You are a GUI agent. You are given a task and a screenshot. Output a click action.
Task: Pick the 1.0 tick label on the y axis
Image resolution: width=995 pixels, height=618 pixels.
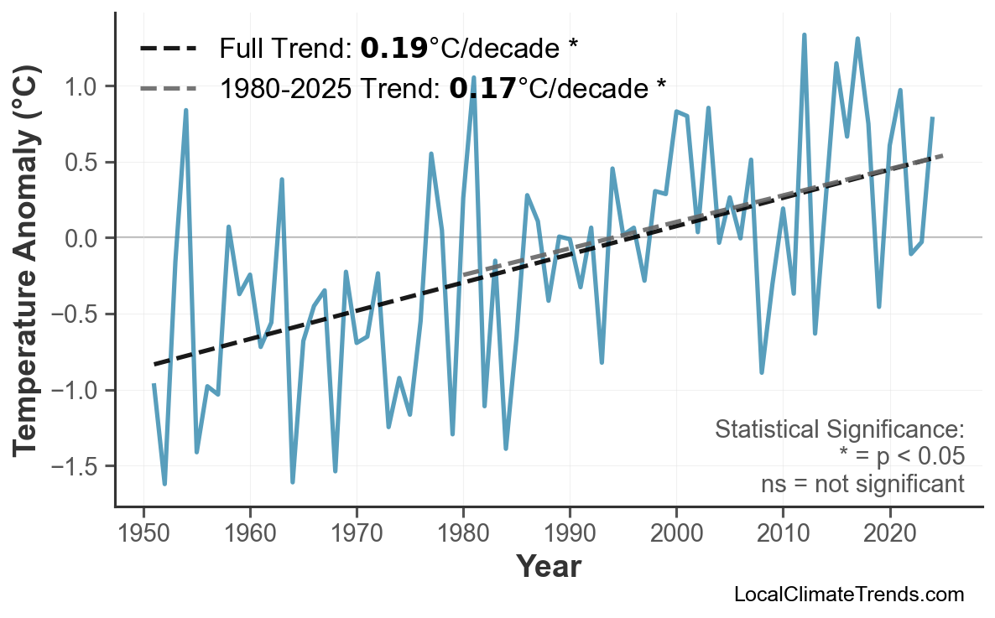[85, 86]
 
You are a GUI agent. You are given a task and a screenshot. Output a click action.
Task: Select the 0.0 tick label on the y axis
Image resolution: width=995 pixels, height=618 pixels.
[85, 238]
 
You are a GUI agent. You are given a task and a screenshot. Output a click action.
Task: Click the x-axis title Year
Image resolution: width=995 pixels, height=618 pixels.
[548, 567]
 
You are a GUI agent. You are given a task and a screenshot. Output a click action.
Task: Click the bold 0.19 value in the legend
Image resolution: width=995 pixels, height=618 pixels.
[393, 49]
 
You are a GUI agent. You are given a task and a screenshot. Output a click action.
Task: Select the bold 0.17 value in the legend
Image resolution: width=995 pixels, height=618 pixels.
[482, 87]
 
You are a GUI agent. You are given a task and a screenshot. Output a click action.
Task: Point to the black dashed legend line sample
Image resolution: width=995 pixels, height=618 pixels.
[168, 49]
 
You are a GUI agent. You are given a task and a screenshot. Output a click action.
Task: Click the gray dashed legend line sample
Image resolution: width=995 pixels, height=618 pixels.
[168, 87]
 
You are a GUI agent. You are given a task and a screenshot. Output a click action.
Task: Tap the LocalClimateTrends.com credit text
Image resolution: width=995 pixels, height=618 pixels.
[848, 595]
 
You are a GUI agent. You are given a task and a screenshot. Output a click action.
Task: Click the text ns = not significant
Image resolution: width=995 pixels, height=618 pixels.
[862, 484]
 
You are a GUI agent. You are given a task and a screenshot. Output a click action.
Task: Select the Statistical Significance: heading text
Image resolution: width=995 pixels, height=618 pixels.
[839, 430]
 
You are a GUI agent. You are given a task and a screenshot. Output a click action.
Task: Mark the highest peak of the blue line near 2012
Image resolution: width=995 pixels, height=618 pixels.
[804, 35]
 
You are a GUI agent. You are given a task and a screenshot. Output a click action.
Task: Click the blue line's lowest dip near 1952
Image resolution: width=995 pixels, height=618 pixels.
[164, 484]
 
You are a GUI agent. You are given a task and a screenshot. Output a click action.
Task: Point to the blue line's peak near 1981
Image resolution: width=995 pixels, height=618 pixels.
[474, 77]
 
